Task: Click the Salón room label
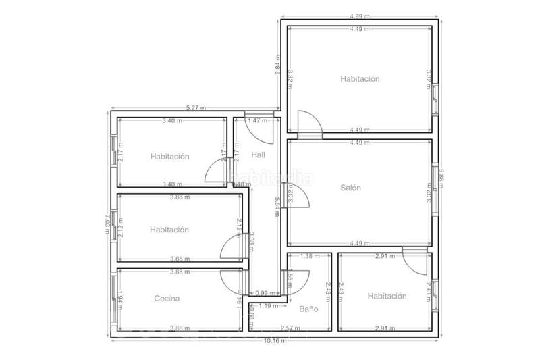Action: click(351, 188)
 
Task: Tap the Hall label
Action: click(258, 155)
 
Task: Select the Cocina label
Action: click(167, 298)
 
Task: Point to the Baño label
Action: click(308, 309)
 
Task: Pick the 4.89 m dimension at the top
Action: click(359, 16)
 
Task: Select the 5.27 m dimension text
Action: click(196, 107)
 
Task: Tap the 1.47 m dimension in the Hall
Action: click(255, 121)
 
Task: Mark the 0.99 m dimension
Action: click(258, 292)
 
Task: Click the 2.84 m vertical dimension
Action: click(277, 68)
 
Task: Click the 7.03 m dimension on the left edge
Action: click(108, 223)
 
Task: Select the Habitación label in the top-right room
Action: click(360, 79)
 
